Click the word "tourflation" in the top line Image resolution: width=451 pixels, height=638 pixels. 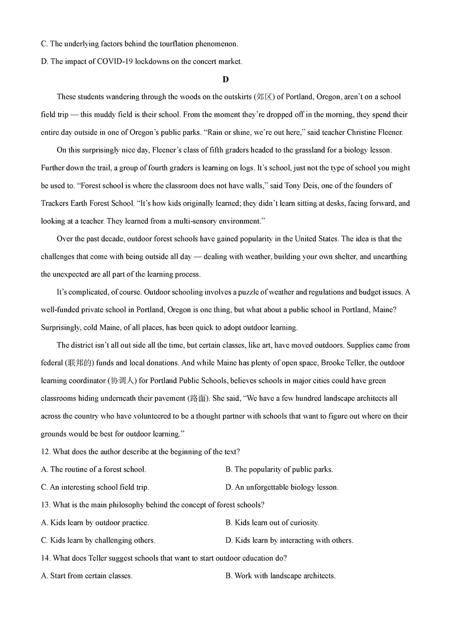click(x=176, y=44)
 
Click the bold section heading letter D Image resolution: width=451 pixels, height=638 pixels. click(x=225, y=79)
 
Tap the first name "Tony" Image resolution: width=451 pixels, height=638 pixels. click(x=293, y=185)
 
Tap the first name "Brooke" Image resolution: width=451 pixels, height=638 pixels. click(x=332, y=363)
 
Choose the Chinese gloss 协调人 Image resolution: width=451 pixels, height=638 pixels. click(x=121, y=380)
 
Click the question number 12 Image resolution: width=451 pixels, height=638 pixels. click(x=45, y=452)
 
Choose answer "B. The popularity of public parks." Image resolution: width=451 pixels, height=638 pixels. click(x=279, y=470)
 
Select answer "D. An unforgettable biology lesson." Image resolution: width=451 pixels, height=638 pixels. click(x=282, y=487)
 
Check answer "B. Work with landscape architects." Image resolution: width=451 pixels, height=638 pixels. click(x=280, y=576)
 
